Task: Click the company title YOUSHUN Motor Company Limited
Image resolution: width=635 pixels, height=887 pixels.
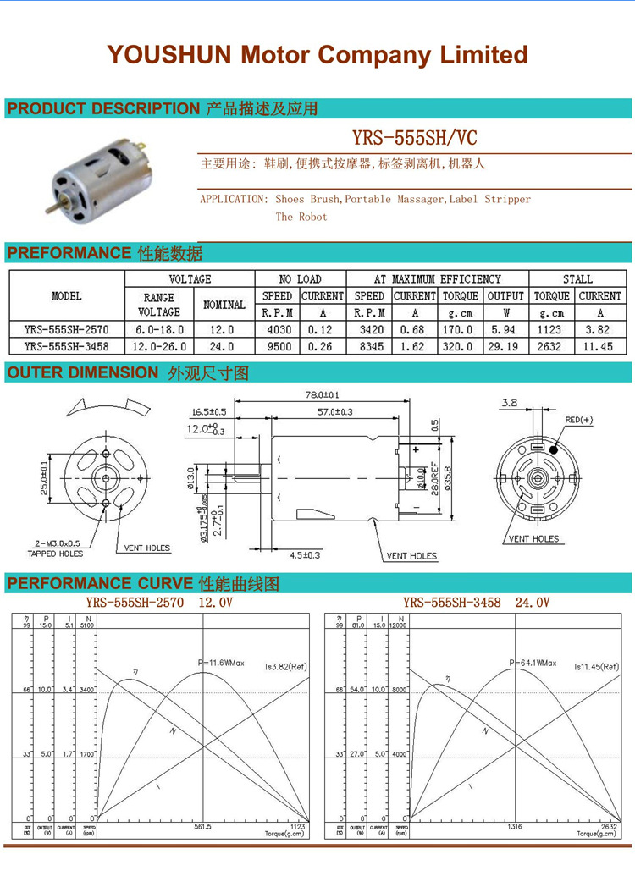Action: click(x=317, y=55)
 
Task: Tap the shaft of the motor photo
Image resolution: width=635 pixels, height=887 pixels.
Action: click(x=44, y=206)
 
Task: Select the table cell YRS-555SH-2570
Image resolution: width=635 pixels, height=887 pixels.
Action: click(x=66, y=329)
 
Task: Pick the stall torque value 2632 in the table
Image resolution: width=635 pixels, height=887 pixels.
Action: click(x=551, y=345)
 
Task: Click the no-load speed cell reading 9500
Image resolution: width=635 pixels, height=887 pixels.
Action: click(x=277, y=345)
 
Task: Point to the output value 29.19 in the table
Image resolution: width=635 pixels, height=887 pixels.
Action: click(x=505, y=345)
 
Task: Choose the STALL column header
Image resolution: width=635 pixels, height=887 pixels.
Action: click(x=577, y=278)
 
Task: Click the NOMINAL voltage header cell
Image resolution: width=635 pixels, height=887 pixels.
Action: click(x=224, y=304)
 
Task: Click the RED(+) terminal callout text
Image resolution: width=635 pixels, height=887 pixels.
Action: click(x=580, y=420)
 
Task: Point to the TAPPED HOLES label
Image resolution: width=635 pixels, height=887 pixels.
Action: click(x=55, y=554)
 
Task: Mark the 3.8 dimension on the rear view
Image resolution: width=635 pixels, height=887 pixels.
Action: click(x=508, y=404)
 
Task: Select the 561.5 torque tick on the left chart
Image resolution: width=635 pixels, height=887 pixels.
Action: click(x=203, y=826)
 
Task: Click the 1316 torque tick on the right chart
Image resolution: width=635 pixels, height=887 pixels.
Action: click(x=514, y=826)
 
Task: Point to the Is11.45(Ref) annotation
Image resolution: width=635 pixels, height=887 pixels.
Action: click(x=597, y=667)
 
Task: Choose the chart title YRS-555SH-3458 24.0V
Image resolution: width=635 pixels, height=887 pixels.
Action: click(x=476, y=602)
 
